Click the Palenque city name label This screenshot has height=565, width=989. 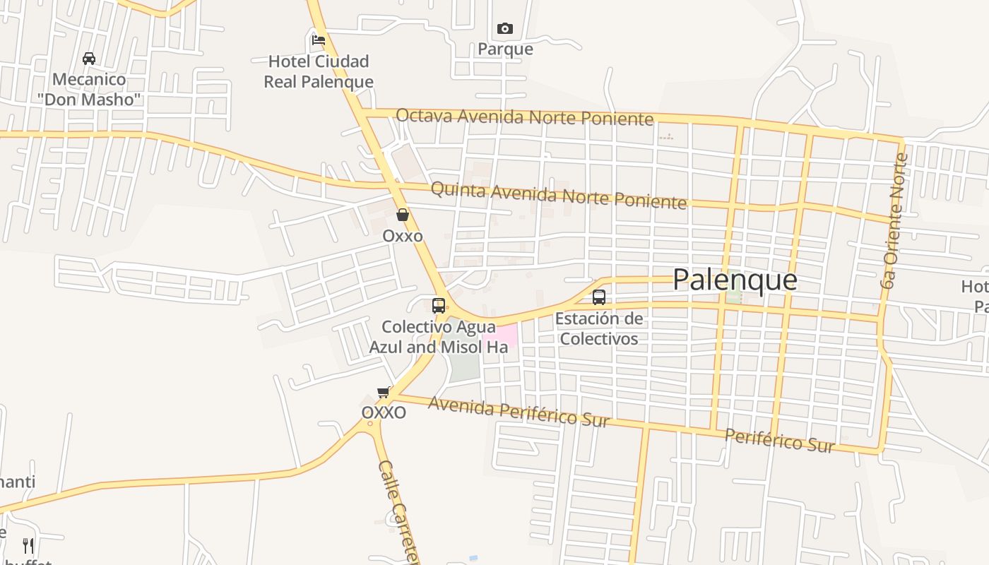pyautogui.click(x=735, y=280)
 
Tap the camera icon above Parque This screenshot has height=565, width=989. pyautogui.click(x=504, y=29)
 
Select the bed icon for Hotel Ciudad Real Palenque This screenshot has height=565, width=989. pyautogui.click(x=319, y=40)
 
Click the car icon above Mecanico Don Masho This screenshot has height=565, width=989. pyautogui.click(x=89, y=58)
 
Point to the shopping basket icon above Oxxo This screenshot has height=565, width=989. pyautogui.click(x=403, y=215)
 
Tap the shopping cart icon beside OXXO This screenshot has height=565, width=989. pyautogui.click(x=384, y=392)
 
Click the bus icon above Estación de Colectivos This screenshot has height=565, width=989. pyautogui.click(x=599, y=297)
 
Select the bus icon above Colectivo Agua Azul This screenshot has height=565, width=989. pyautogui.click(x=439, y=306)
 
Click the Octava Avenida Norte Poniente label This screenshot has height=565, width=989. pyautogui.click(x=524, y=117)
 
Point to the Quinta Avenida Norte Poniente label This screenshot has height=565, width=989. pyautogui.click(x=558, y=196)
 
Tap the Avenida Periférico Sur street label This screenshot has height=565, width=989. pyautogui.click(x=519, y=412)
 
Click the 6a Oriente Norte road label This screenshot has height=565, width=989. pyautogui.click(x=893, y=220)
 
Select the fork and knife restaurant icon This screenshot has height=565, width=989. pyautogui.click(x=28, y=545)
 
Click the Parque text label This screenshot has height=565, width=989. pyautogui.click(x=505, y=49)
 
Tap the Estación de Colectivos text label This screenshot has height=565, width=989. pyautogui.click(x=598, y=328)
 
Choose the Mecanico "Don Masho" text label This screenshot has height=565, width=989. pyautogui.click(x=89, y=89)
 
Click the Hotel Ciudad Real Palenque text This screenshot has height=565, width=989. pyautogui.click(x=319, y=71)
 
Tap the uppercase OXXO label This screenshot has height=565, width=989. pyautogui.click(x=384, y=412)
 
